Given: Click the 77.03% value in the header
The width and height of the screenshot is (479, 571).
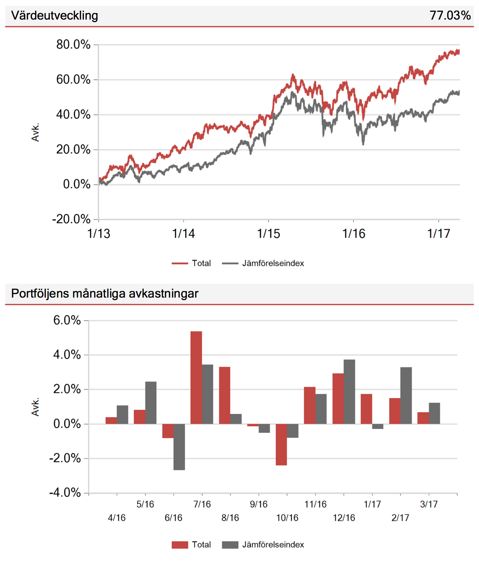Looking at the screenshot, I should [x=450, y=15].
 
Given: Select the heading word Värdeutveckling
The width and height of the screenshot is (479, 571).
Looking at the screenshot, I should [x=54, y=15].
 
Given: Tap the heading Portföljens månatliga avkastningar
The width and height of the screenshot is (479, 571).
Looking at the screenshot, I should [x=105, y=293].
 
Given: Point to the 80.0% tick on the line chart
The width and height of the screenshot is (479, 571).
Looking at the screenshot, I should [x=73, y=44].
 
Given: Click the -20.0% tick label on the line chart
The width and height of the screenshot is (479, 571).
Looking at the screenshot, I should [x=71, y=219].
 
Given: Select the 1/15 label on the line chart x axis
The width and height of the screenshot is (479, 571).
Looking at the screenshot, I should [x=268, y=234].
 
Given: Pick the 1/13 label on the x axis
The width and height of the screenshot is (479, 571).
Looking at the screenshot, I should [x=99, y=234].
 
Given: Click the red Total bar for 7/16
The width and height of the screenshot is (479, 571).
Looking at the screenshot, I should [x=196, y=377].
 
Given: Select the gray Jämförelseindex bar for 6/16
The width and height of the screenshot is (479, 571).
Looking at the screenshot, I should [x=179, y=447].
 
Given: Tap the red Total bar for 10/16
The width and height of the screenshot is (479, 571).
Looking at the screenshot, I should [x=281, y=444].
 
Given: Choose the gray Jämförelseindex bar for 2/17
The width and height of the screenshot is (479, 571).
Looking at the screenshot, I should [x=406, y=395].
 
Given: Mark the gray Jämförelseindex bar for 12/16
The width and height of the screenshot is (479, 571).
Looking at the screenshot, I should [x=349, y=392].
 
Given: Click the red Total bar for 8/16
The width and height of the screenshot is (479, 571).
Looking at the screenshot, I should [x=225, y=395].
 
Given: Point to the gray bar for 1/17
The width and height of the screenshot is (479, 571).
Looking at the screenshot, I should [x=378, y=426].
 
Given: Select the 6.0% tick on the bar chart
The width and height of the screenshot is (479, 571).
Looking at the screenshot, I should [x=67, y=320].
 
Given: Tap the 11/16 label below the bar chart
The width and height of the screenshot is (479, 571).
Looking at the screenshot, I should [x=315, y=504].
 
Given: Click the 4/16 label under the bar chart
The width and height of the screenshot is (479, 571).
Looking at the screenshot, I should [x=117, y=518].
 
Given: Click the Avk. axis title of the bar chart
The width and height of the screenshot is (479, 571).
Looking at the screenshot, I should [x=35, y=407].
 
